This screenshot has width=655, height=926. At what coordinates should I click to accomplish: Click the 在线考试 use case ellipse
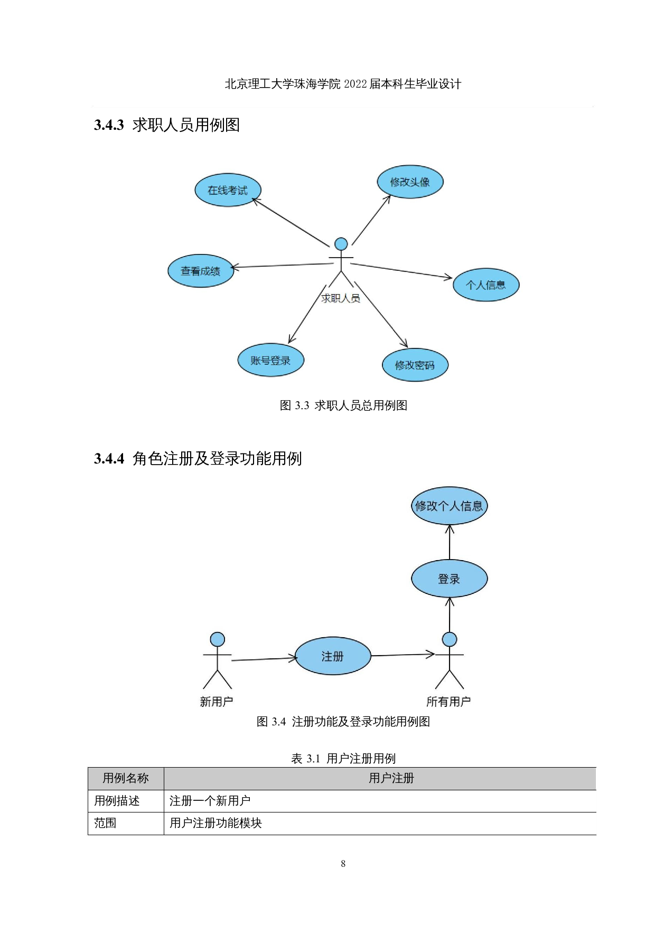228,190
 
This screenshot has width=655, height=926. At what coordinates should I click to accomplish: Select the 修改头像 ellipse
410,182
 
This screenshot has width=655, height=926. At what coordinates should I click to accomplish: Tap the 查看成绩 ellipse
201,271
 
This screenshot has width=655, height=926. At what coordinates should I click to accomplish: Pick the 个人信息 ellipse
486,285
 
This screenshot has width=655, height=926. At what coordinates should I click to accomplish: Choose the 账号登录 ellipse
270,361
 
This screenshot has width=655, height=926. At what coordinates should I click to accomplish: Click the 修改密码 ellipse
415,365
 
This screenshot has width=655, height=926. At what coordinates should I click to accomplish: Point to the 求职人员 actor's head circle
341,244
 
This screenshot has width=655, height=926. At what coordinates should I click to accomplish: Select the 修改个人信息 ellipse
449,506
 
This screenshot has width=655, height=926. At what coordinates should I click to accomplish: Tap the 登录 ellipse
449,579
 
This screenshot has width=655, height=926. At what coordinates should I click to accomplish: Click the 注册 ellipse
333,656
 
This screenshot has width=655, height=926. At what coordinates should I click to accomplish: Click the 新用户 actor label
217,702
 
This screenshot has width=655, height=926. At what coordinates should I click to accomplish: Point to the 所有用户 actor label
448,702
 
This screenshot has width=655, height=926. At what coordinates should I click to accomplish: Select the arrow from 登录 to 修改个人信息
450,542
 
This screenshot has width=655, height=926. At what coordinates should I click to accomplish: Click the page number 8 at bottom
343,864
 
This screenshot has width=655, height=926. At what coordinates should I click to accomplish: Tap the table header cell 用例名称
126,778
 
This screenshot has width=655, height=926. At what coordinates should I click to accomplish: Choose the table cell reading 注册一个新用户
210,801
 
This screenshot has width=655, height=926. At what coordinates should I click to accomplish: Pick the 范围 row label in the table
105,823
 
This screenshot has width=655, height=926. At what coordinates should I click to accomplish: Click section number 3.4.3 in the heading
109,125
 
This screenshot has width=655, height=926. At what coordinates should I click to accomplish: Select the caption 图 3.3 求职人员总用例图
343,405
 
